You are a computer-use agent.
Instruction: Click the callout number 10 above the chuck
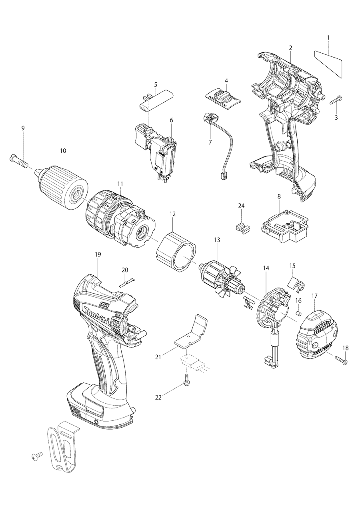63,151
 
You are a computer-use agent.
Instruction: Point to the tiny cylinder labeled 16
298,312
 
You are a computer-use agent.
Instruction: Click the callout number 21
158,357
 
